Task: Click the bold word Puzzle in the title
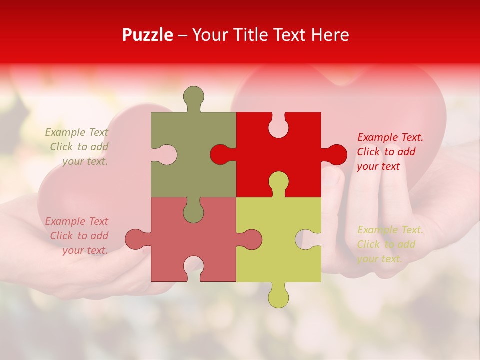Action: (148, 35)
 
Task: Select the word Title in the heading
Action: (246, 35)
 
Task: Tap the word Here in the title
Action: (330, 35)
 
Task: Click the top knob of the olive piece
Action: (194, 96)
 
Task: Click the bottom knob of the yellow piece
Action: (278, 298)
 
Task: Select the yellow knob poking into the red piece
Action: (278, 182)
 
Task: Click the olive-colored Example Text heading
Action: (77, 132)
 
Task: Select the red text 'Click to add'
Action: (386, 152)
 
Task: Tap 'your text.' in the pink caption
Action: (85, 250)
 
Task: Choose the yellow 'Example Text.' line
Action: (390, 230)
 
